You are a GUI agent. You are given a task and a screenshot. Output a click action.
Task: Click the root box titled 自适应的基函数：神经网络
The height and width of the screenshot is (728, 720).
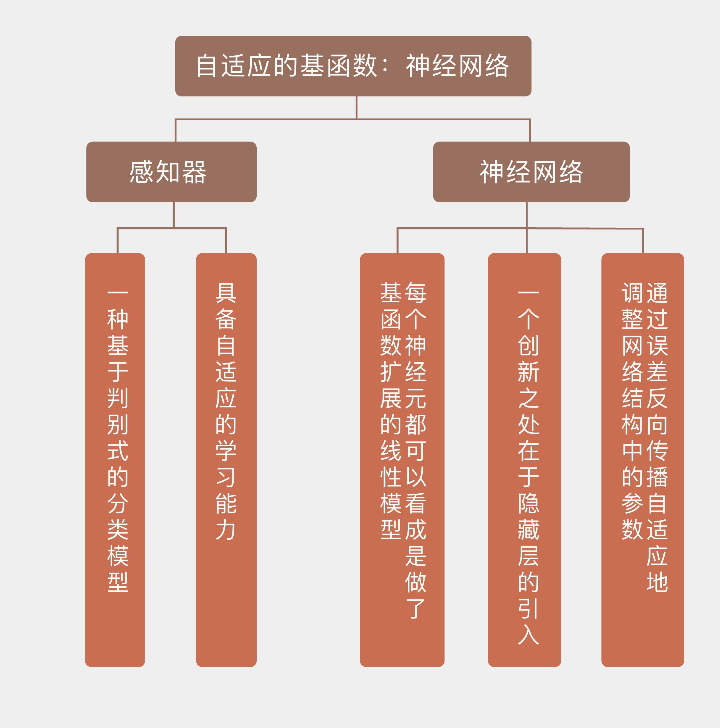(353, 66)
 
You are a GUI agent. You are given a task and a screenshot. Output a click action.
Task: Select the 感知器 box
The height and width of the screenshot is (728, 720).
(171, 172)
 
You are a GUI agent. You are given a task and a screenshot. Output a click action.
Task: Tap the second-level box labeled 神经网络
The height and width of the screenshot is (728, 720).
(531, 172)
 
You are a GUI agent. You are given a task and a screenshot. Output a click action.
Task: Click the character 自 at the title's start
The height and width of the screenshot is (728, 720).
(207, 66)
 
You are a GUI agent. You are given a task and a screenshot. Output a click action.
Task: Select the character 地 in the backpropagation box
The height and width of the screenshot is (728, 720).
(657, 582)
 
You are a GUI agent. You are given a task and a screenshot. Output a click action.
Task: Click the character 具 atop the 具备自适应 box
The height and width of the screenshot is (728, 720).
(226, 293)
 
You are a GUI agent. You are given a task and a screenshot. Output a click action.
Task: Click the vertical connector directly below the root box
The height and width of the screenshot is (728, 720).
(357, 107)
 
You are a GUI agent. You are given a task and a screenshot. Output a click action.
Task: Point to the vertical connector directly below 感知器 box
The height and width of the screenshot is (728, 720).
(173, 215)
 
